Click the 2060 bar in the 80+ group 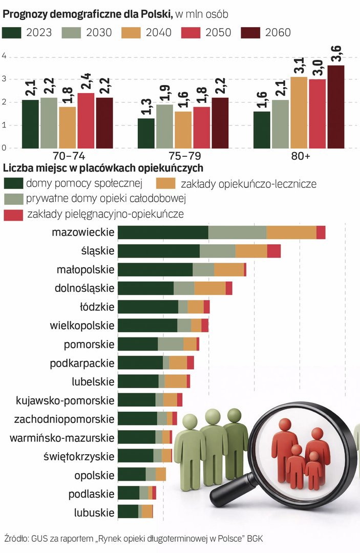(x=336, y=107)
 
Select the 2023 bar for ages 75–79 (x=146, y=133)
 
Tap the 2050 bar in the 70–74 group (x=86, y=121)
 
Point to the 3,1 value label (x=299, y=67)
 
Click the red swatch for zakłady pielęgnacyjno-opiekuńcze (x=13, y=214)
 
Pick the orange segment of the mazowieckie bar (x=291, y=232)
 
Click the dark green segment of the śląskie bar (x=159, y=251)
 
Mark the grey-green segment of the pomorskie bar (x=171, y=344)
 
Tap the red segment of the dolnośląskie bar (x=229, y=288)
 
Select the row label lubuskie (x=94, y=512)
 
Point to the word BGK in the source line (x=256, y=539)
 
